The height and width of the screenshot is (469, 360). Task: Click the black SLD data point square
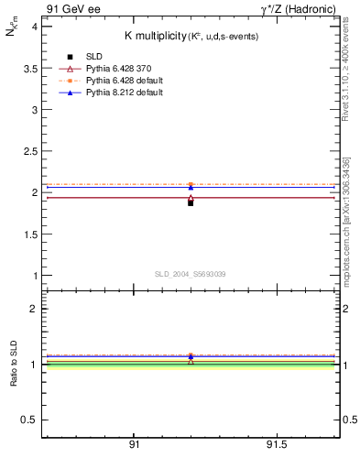pyautogui.click(x=191, y=202)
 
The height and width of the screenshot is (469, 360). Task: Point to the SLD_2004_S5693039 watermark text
pyautogui.click(x=191, y=274)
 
